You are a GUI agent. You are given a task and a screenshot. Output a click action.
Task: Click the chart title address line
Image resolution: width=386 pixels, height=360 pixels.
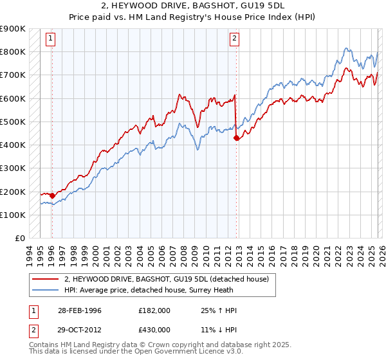tap(193, 8)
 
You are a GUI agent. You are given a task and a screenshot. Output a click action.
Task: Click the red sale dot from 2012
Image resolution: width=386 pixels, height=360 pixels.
tap(237, 138)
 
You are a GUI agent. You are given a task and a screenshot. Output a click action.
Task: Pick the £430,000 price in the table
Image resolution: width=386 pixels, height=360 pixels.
tap(154, 329)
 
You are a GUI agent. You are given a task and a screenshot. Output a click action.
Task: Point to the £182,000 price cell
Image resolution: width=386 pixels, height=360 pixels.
tap(154, 310)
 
